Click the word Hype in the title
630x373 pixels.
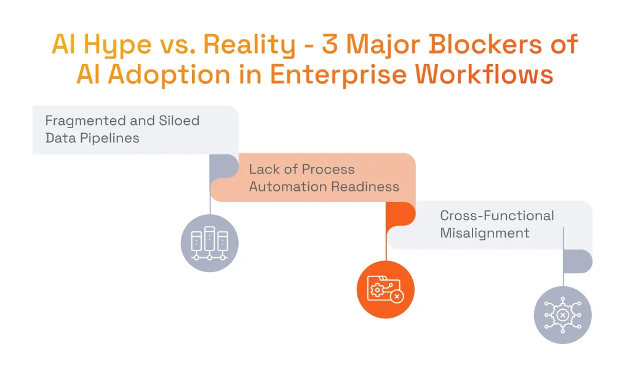pyautogui.click(x=116, y=45)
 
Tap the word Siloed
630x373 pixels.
pyautogui.click(x=177, y=121)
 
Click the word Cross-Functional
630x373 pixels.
pyautogui.click(x=497, y=216)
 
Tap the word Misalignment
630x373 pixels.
pyautogui.click(x=485, y=233)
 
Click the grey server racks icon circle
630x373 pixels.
pyautogui.click(x=210, y=243)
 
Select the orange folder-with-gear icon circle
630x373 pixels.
pyautogui.click(x=386, y=289)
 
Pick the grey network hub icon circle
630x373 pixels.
pyautogui.click(x=562, y=315)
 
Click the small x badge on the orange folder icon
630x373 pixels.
pyautogui.click(x=397, y=297)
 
